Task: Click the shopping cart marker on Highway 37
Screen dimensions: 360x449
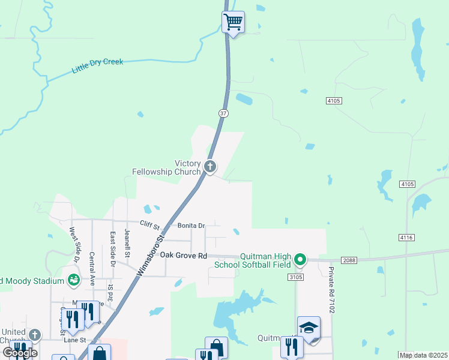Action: (233, 23)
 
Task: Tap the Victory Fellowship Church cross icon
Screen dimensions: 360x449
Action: (209, 166)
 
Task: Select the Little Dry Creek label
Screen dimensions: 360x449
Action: (97, 65)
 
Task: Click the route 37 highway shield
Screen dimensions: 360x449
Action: (223, 113)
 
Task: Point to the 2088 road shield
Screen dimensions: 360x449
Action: (349, 260)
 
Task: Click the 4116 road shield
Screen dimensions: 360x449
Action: (406, 238)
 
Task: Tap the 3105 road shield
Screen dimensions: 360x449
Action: (295, 277)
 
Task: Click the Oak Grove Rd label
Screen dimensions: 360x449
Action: (182, 254)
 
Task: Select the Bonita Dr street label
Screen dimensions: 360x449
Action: (191, 226)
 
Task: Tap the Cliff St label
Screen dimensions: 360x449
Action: (150, 226)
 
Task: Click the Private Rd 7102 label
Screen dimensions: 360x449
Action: (331, 291)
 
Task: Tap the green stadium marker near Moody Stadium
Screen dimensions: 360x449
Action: (73, 280)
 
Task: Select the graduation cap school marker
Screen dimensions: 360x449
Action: (309, 328)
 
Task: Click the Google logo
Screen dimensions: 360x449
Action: (20, 353)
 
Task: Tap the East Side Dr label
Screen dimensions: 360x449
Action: (112, 245)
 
